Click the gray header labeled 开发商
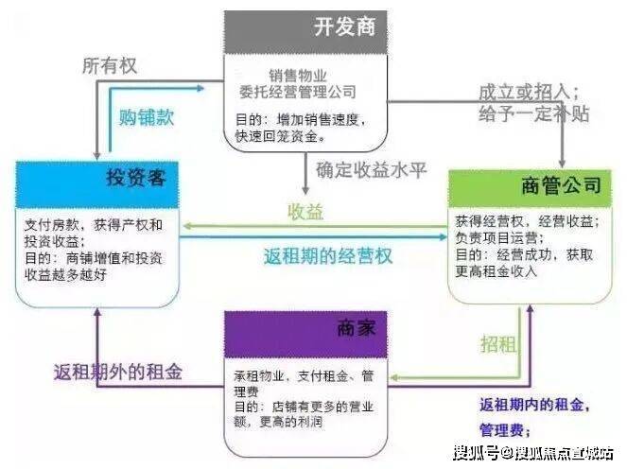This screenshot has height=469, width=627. pyautogui.click(x=305, y=26)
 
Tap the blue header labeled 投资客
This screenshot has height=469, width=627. pyautogui.click(x=97, y=180)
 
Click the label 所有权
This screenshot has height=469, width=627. pyautogui.click(x=112, y=65)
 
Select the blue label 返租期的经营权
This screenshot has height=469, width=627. pyautogui.click(x=327, y=254)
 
